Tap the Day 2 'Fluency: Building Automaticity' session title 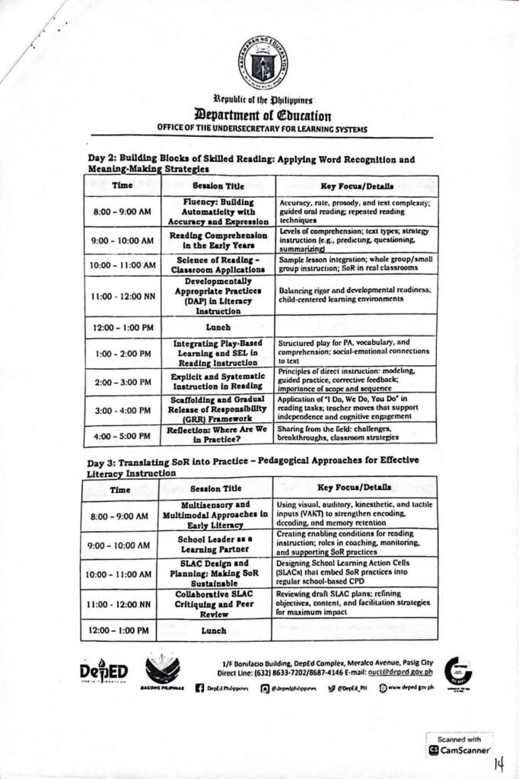217,211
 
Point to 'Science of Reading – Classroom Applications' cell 217,264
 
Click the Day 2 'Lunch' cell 218,326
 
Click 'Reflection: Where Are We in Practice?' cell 217,434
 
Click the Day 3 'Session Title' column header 216,488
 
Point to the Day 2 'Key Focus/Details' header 355,186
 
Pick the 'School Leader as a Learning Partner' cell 215,544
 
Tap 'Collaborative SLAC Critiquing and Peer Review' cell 215,603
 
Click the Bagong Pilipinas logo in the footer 163,669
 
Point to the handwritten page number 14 500,762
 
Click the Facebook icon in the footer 199,687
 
